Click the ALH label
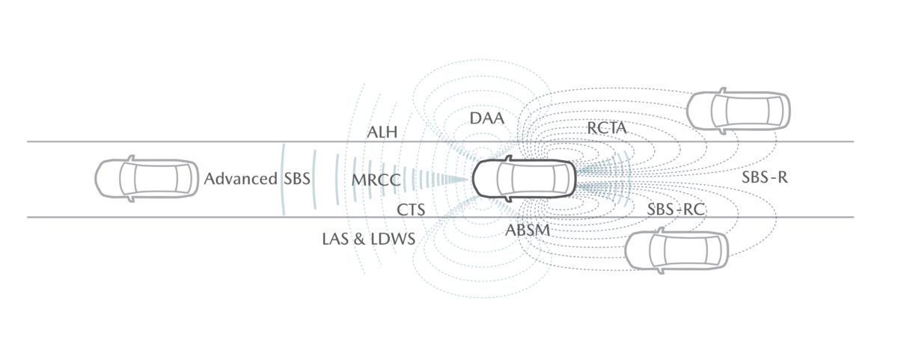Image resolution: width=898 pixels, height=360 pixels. (382, 132)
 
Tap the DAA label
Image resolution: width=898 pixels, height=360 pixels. (486, 118)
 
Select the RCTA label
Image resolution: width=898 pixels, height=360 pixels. (607, 128)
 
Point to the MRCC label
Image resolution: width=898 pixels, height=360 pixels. (376, 180)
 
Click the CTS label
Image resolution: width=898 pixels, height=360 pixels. (411, 210)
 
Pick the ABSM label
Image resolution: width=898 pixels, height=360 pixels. (527, 230)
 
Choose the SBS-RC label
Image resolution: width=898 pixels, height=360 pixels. (676, 210)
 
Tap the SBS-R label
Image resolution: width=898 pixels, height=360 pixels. (764, 177)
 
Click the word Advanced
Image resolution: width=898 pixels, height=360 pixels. (240, 178)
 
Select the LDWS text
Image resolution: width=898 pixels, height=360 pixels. (393, 239)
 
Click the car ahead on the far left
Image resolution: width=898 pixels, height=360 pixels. (147, 178)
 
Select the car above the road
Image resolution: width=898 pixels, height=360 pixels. (739, 111)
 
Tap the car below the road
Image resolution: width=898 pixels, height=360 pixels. (676, 251)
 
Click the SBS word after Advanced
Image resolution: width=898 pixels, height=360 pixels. (296, 178)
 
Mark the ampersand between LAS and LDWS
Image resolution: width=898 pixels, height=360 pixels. (360, 239)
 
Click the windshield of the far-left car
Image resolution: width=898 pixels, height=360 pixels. (129, 178)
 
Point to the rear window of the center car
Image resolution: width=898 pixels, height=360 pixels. (558, 178)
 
